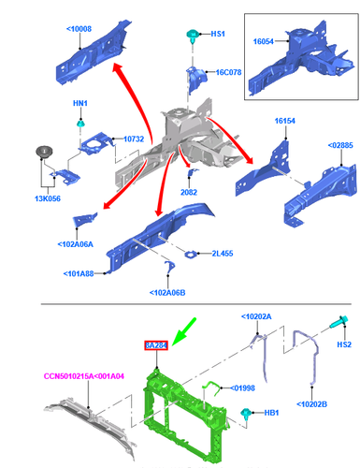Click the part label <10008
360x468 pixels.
click(x=79, y=29)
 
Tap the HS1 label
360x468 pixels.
click(x=218, y=34)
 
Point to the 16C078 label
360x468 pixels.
click(x=229, y=72)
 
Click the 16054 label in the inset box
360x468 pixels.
click(x=264, y=41)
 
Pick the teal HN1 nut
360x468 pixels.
click(x=80, y=124)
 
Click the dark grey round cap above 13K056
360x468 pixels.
click(x=43, y=152)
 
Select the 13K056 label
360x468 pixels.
click(x=48, y=198)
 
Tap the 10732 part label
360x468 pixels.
click(x=134, y=139)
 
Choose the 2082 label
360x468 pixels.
click(x=189, y=192)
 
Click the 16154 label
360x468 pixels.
click(x=285, y=121)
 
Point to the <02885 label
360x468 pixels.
click(x=340, y=145)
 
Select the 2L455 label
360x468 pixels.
click(x=223, y=254)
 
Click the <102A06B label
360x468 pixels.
click(x=167, y=293)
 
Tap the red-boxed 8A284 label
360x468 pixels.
click(x=156, y=345)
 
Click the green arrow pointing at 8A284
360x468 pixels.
click(x=184, y=331)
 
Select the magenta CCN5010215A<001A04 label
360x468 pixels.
click(x=84, y=376)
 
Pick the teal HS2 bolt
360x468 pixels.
click(x=338, y=322)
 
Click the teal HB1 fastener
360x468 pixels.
click(x=246, y=413)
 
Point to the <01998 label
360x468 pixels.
click(x=242, y=388)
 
